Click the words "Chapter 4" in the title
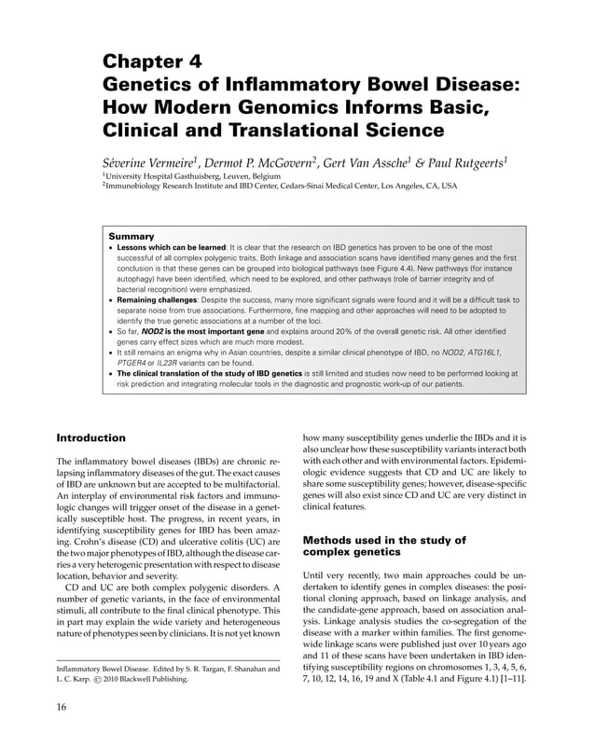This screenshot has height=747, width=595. (x=151, y=63)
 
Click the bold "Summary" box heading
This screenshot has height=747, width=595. (x=131, y=236)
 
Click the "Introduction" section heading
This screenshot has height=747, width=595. (x=91, y=437)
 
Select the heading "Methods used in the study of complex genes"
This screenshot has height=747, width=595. (x=384, y=546)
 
